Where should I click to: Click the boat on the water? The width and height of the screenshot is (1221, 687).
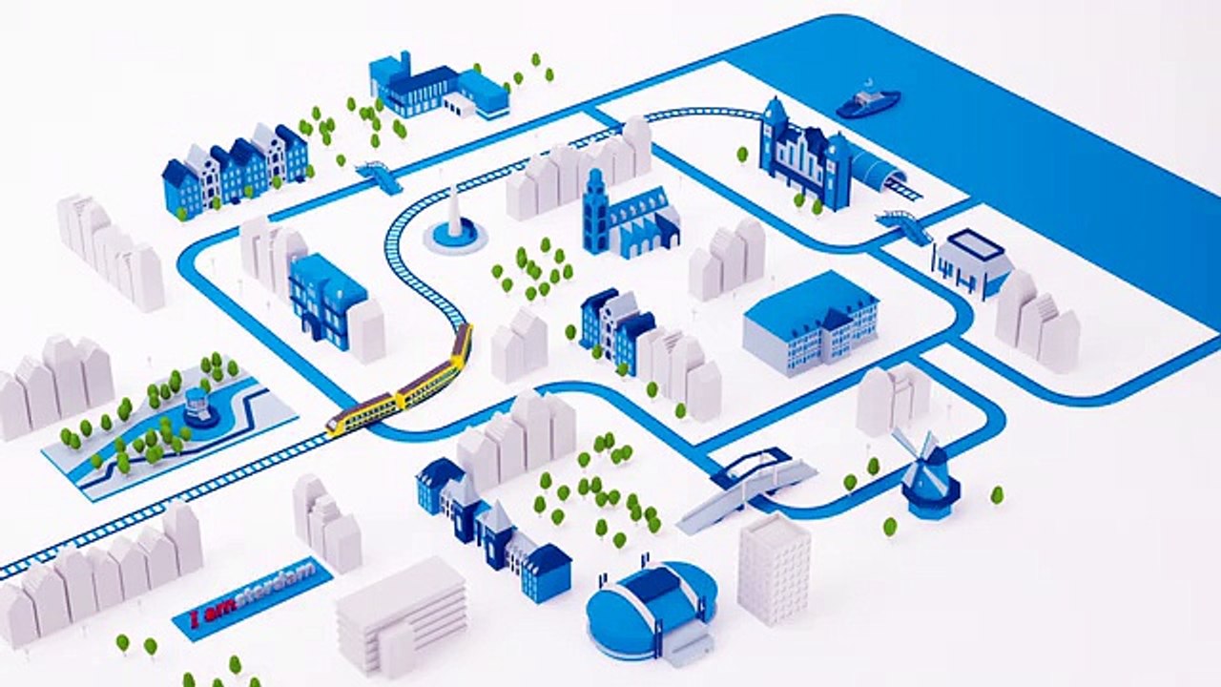click(868, 101)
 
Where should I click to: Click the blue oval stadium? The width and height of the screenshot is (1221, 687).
click(651, 610)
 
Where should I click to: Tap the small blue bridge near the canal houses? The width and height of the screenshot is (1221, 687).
click(380, 175)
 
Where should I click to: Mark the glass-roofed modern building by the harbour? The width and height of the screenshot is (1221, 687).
click(974, 264)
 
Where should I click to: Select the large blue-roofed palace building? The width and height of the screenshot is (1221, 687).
click(811, 323)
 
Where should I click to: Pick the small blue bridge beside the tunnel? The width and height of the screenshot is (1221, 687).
click(903, 224)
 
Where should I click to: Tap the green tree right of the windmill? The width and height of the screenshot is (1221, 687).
click(997, 495)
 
